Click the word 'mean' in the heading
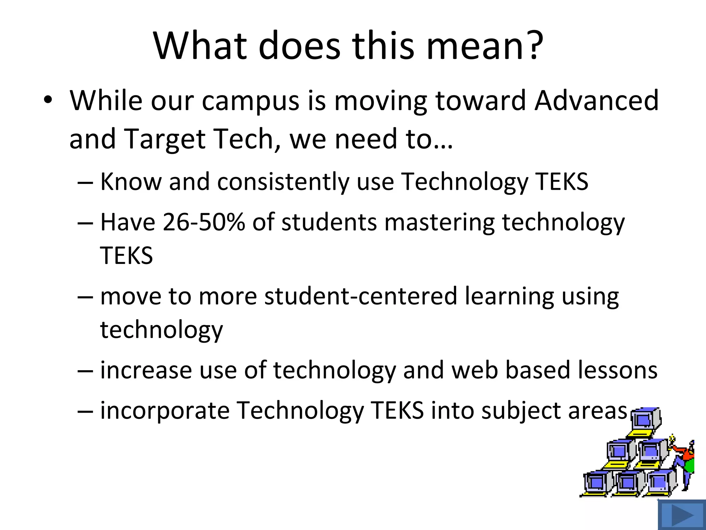[476, 47]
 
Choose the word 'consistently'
[283, 182]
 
